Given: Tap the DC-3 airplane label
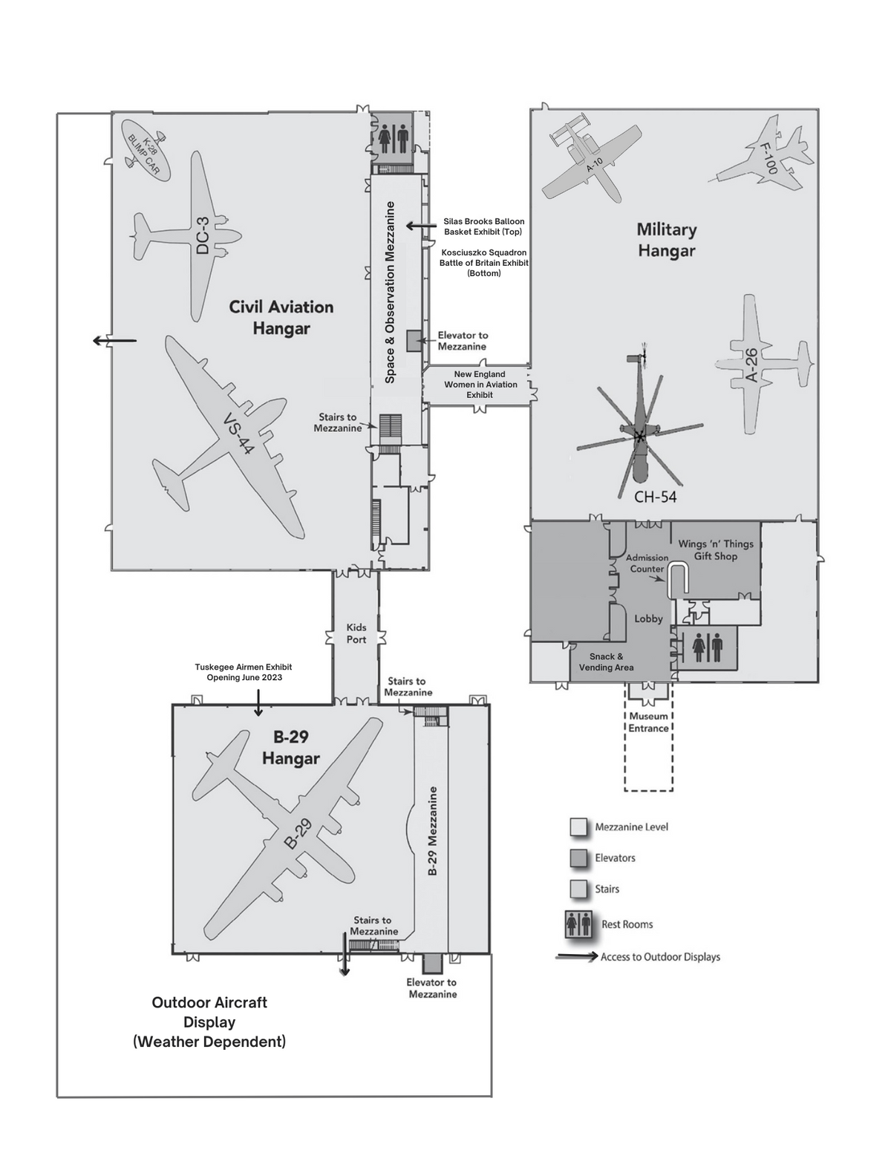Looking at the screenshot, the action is pyautogui.click(x=203, y=235).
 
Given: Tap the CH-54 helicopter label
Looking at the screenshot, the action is pyautogui.click(x=656, y=497).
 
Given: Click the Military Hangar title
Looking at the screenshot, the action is pyautogui.click(x=667, y=240).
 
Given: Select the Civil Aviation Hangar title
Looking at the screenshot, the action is pyautogui.click(x=281, y=317).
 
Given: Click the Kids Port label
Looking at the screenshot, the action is pyautogui.click(x=356, y=633).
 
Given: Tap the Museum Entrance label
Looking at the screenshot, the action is pyautogui.click(x=648, y=722).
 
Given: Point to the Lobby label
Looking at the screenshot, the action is pyautogui.click(x=648, y=618).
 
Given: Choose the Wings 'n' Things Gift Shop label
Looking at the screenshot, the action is pyautogui.click(x=716, y=550).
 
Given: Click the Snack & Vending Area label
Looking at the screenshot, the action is pyautogui.click(x=606, y=662).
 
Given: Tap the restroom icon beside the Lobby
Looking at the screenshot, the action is pyautogui.click(x=706, y=648).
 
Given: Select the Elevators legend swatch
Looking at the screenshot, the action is pyautogui.click(x=578, y=858).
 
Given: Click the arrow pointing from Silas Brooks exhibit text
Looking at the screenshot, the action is pyautogui.click(x=421, y=226).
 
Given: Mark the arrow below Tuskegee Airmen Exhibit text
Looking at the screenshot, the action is pyautogui.click(x=258, y=703).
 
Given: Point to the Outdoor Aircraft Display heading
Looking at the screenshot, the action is pyautogui.click(x=209, y=1022).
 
